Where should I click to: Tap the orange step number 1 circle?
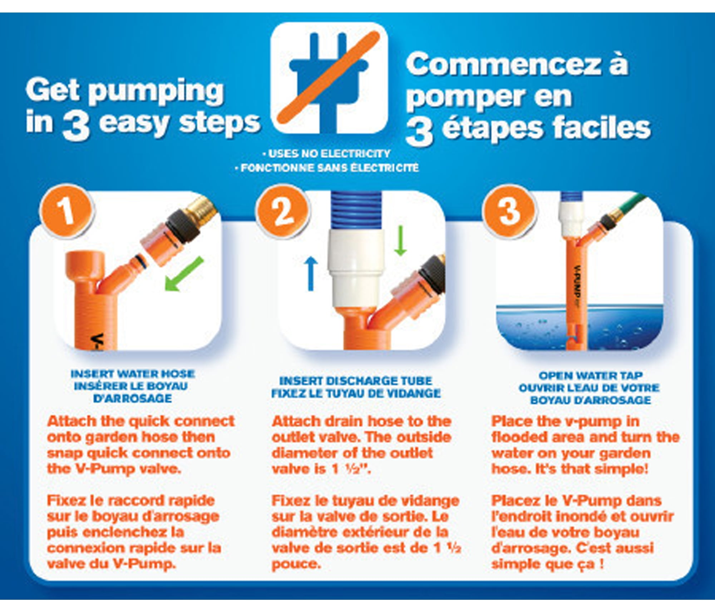coord(67,211)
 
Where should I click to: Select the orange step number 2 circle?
coord(283,211)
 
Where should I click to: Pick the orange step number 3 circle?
coord(509,211)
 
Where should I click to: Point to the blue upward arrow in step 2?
coord(311,274)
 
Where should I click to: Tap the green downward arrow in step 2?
coord(400,240)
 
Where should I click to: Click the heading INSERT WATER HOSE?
coord(133,374)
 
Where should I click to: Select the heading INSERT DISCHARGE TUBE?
coord(356,381)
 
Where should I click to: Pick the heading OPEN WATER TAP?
coord(591,376)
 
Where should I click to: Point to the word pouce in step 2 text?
coord(296,565)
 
